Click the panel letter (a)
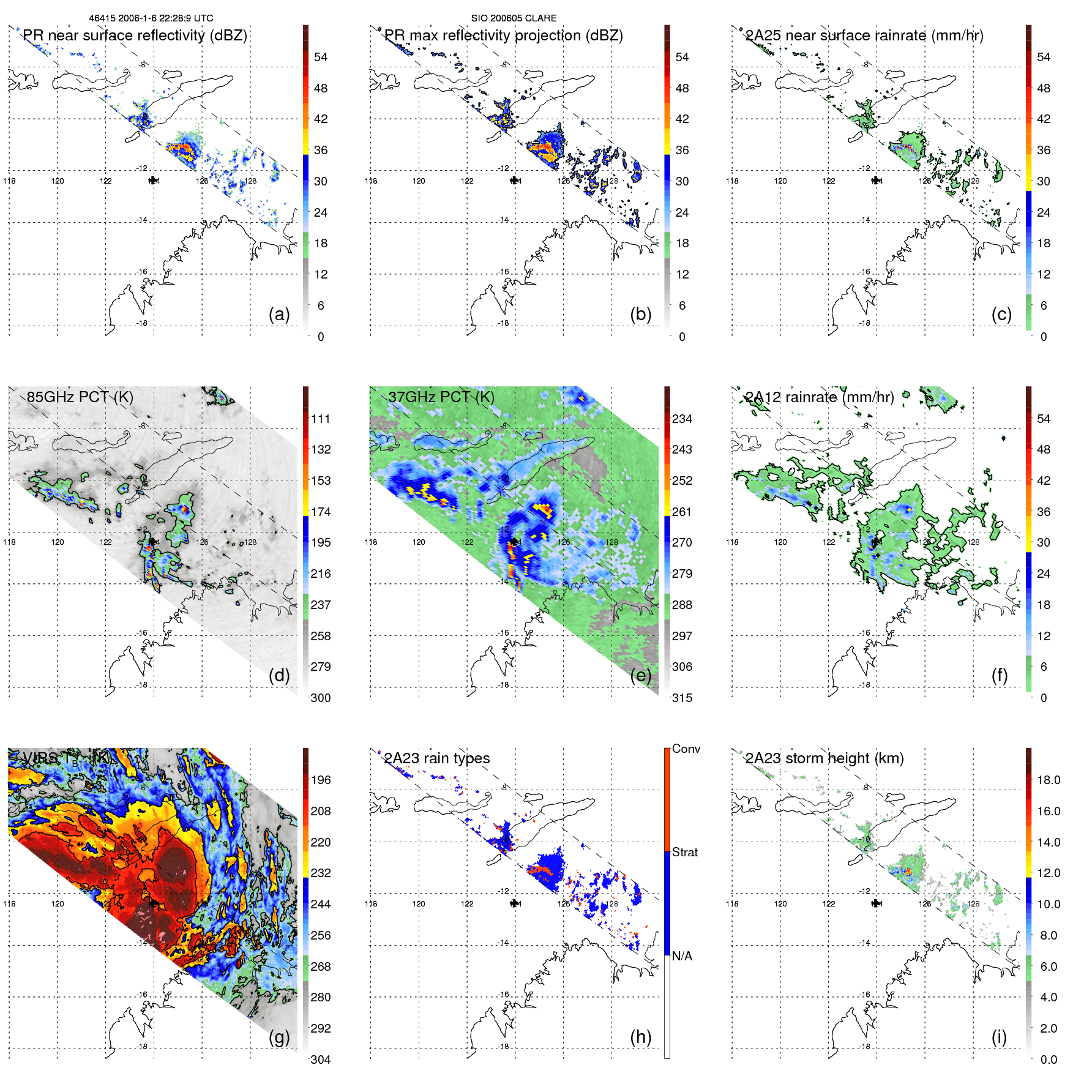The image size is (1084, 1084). [279, 315]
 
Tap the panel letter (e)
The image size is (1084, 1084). [640, 676]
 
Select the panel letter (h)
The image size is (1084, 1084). [640, 1037]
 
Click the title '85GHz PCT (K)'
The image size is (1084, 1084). [80, 397]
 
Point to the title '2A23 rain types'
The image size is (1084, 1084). [436, 758]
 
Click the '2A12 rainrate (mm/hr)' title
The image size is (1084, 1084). [820, 397]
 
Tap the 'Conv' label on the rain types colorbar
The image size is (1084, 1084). [686, 749]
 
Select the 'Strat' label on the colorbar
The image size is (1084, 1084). [684, 852]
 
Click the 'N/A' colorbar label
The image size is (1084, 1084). [681, 956]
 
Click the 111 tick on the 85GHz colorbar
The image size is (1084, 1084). [321, 419]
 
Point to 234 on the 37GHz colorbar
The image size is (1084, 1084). [682, 419]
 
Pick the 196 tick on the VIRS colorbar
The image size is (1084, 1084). [321, 780]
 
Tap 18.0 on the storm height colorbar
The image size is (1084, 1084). [1048, 780]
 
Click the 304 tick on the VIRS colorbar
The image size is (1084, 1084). [321, 1060]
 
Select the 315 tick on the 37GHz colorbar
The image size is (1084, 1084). [682, 698]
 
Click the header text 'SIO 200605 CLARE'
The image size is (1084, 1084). [514, 18]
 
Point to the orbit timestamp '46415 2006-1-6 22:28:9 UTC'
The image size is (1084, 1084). [151, 18]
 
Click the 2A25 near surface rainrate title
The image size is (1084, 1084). [864, 36]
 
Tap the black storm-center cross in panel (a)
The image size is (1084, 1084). [153, 180]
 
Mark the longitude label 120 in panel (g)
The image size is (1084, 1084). [58, 903]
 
